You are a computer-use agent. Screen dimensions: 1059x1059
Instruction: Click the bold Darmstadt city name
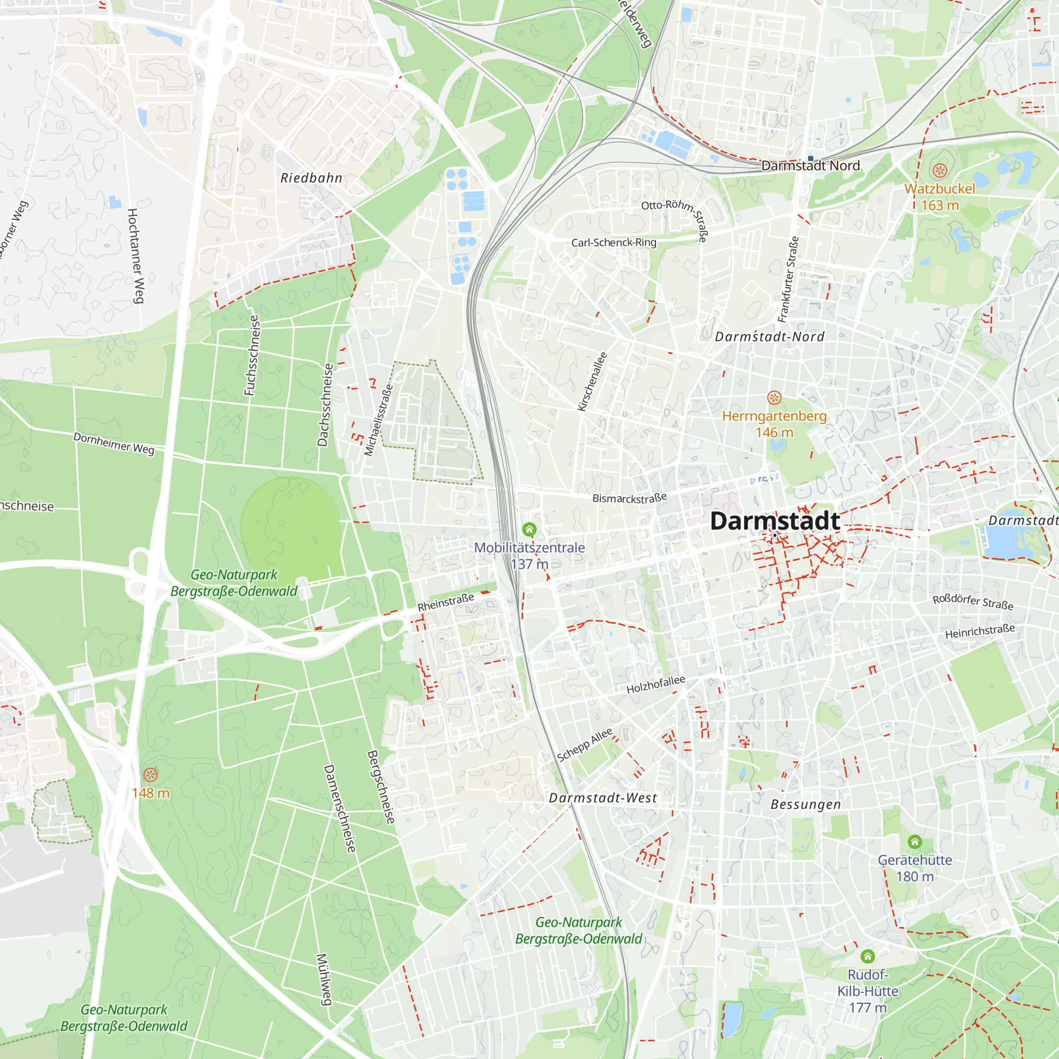pyautogui.click(x=775, y=520)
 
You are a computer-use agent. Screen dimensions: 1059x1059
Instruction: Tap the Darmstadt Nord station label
pyautogui.click(x=810, y=166)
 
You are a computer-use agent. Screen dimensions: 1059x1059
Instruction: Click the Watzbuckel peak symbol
pyautogui.click(x=939, y=170)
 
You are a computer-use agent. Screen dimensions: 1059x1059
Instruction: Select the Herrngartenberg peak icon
pyautogui.click(x=774, y=398)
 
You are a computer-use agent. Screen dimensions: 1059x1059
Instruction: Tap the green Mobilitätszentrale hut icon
pyautogui.click(x=529, y=529)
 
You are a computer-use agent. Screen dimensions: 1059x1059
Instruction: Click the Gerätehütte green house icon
pyautogui.click(x=915, y=841)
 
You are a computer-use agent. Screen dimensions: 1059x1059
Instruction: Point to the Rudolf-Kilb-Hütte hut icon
pyautogui.click(x=867, y=956)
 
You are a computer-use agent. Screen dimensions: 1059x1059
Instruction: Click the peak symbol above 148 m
pyautogui.click(x=150, y=775)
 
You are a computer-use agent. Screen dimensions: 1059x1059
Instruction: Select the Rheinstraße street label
pyautogui.click(x=446, y=603)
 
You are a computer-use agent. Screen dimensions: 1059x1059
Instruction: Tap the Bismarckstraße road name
pyautogui.click(x=629, y=498)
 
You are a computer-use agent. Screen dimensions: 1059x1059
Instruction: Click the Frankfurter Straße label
pyautogui.click(x=788, y=280)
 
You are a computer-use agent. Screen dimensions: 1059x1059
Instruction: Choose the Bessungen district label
pyautogui.click(x=805, y=805)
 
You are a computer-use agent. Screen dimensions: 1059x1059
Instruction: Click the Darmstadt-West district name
pyautogui.click(x=603, y=798)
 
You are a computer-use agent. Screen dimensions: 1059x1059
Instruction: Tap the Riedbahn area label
pyautogui.click(x=311, y=178)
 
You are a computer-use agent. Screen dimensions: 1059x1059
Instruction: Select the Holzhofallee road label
pyautogui.click(x=656, y=685)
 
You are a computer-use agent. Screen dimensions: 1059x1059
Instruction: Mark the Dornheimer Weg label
pyautogui.click(x=114, y=443)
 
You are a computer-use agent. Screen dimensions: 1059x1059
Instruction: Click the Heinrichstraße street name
pyautogui.click(x=980, y=632)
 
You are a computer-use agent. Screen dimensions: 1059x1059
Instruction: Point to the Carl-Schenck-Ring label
pyautogui.click(x=613, y=243)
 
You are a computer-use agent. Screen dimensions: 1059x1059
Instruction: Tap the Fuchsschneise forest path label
pyautogui.click(x=252, y=355)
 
